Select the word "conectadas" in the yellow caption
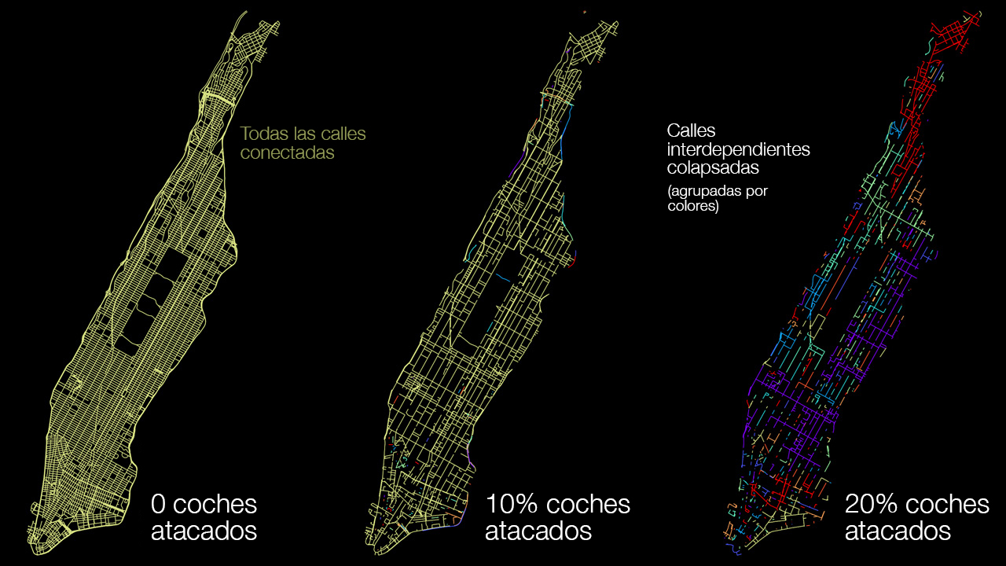tap(287, 153)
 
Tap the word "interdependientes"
tap(738, 149)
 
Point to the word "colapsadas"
tap(714, 168)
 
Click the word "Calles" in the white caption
tap(691, 130)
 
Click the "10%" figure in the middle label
tap(512, 504)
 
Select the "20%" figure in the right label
tap(872, 504)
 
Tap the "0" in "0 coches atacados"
tap(158, 504)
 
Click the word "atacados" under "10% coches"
tap(538, 531)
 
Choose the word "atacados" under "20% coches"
tap(898, 531)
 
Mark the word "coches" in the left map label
tap(215, 504)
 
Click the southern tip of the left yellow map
tap(37, 542)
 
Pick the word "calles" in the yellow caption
tap(343, 134)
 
